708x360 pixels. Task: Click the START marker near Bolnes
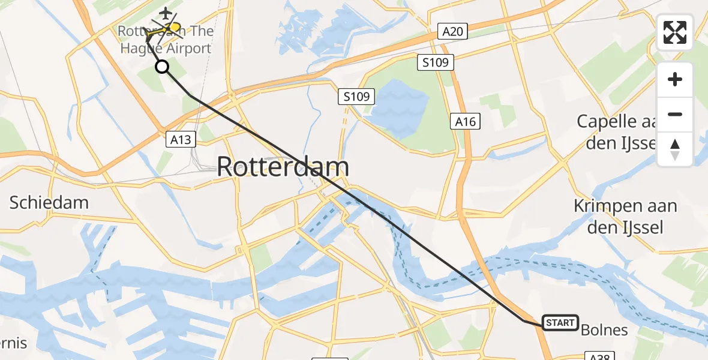[560, 323]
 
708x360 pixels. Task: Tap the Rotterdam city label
[283, 166]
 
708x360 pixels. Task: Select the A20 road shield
[453, 31]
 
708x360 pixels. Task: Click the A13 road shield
[180, 140]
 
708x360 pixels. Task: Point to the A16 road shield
[465, 122]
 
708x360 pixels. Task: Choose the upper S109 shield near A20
[436, 62]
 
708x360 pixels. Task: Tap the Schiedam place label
[49, 202]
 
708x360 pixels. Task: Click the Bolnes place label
[605, 329]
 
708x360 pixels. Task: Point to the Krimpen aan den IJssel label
[625, 217]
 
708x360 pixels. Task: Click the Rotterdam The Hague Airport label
[165, 40]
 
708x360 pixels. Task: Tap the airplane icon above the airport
[166, 13]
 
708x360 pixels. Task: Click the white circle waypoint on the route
[162, 67]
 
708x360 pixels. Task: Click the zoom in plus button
[675, 80]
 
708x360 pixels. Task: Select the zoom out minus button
[675, 114]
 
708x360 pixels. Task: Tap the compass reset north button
[675, 149]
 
